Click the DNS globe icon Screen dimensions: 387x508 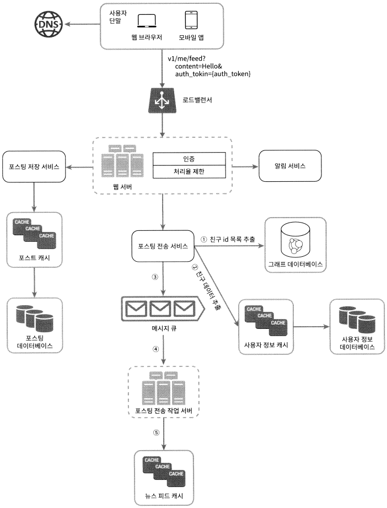coord(49,24)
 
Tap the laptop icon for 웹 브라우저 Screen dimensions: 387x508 coord(147,21)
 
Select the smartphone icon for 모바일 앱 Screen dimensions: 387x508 coord(191,20)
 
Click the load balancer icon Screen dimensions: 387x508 coord(162,100)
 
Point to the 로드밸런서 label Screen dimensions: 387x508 coord(197,100)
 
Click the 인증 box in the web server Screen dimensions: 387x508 coord(189,159)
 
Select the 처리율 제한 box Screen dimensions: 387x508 coord(189,171)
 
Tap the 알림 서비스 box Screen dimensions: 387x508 coord(290,166)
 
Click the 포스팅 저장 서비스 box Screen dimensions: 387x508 coord(34,166)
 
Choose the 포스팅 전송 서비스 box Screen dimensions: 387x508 coord(163,246)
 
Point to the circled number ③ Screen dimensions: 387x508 coord(155,277)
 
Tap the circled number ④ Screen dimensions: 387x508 coord(156,349)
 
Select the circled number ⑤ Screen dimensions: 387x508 coord(156,433)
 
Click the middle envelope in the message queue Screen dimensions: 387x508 coord(160,309)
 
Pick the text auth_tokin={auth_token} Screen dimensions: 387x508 coord(213,74)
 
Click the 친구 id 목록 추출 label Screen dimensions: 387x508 coord(232,239)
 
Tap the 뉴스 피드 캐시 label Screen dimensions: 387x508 coord(164,496)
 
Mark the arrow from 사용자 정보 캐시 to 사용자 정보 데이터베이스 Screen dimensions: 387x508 coord(311,326)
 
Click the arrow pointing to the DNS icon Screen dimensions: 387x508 coord(82,24)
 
